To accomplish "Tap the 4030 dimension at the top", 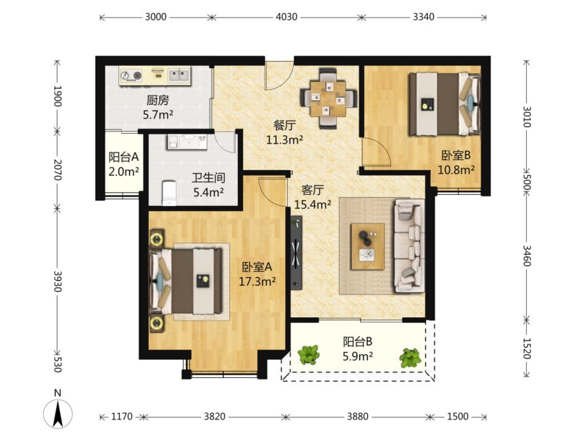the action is (286, 17).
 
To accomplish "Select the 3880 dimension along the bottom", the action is (358, 416).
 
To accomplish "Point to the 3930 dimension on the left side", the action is (57, 281).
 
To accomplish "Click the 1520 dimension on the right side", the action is (526, 348).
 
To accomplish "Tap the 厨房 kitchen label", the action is (157, 100).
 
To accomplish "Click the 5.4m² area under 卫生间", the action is (209, 192).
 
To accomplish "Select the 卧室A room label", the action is (257, 267).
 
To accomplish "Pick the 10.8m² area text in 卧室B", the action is (457, 170).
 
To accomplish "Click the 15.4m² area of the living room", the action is (313, 204).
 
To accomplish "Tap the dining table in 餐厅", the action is (328, 98).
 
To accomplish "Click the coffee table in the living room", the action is (367, 246).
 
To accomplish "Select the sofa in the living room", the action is (409, 246).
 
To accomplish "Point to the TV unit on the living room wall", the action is (296, 252).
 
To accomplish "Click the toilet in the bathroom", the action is (169, 193).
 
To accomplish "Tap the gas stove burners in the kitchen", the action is (132, 76).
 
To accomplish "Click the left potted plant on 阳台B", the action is (309, 354).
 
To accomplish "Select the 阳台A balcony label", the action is (123, 157).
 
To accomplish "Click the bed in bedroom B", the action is (444, 104).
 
